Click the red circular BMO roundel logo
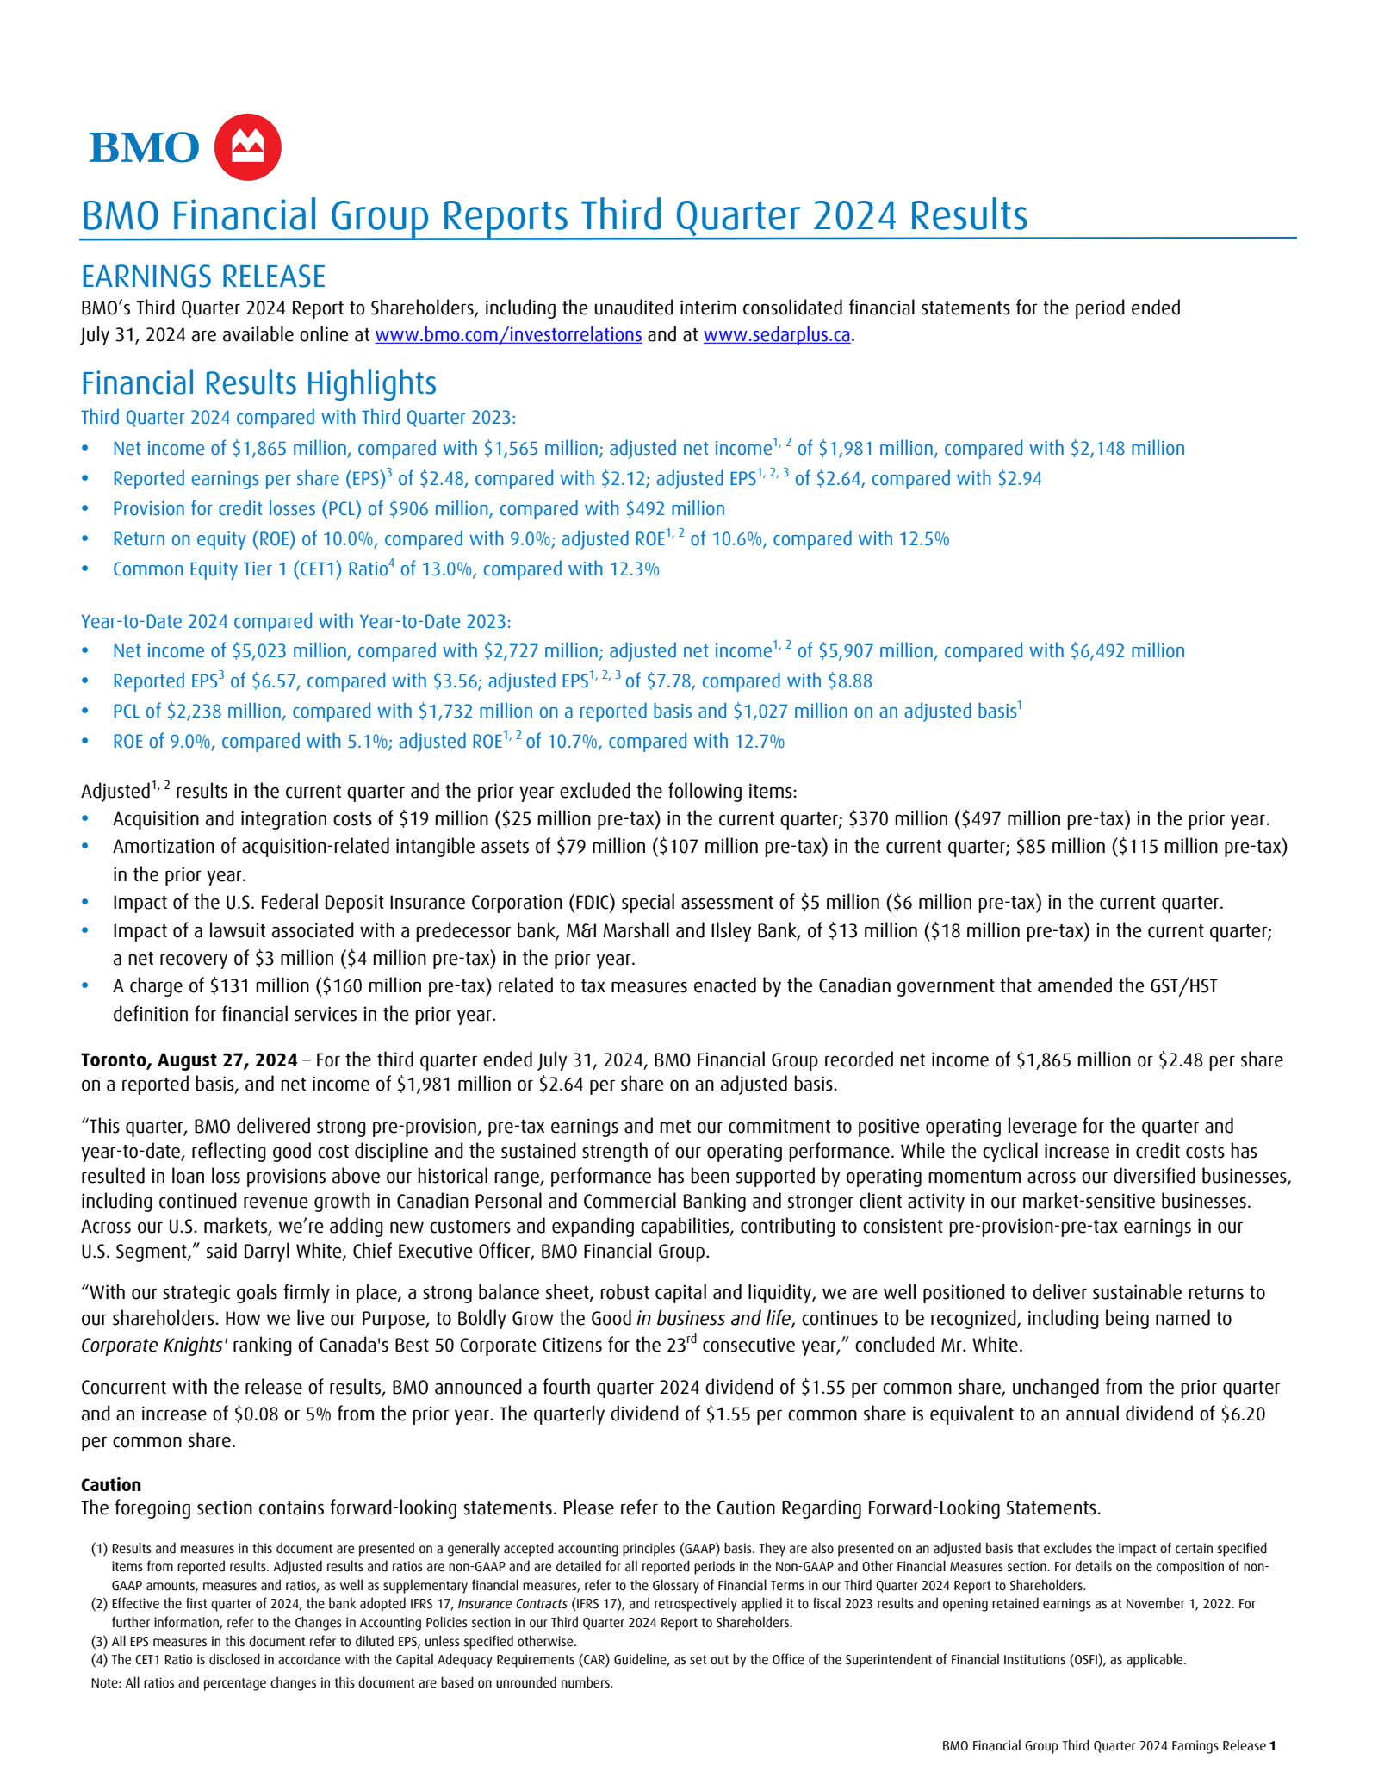coord(247,147)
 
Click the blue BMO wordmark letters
coord(144,148)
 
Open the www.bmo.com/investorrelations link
coord(508,335)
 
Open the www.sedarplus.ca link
coord(776,335)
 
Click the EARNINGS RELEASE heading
coord(203,277)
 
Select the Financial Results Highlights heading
coord(258,383)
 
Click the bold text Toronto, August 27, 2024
coord(189,1060)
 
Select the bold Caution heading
coord(111,1485)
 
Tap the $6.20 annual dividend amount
coord(1243,1414)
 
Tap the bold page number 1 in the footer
coord(1272,1746)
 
